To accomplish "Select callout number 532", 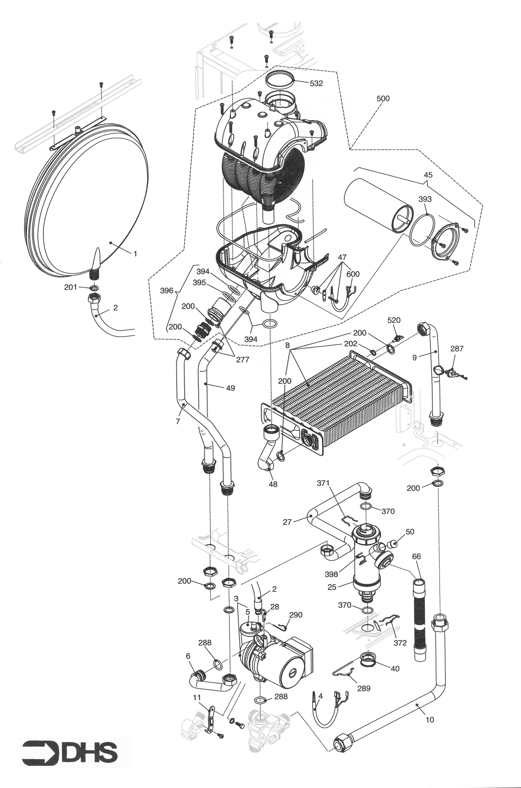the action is pos(316,83).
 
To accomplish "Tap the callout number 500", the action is pos(383,99).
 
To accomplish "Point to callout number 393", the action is pos(425,199).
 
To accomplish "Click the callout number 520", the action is pos(394,320).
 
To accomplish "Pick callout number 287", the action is pos(457,349).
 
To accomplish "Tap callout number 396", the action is pos(167,291).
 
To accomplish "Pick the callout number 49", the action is pos(230,388).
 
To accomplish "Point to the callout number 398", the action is pos(331,574).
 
